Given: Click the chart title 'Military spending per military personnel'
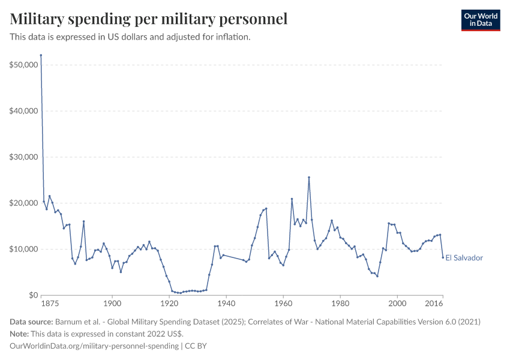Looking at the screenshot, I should [149, 19].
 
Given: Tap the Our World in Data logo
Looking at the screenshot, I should [480, 20].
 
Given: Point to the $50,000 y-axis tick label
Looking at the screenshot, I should [22, 65].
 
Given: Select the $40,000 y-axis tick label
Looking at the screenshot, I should [22, 111].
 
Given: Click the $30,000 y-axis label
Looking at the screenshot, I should [22, 157].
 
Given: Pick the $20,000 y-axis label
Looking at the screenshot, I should [22, 203].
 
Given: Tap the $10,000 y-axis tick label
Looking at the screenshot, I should [22, 249].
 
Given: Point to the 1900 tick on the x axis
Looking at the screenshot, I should [112, 304].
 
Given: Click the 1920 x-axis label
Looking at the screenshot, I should [169, 304].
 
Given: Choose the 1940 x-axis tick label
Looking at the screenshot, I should [226, 304].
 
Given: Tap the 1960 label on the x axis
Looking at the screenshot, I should [283, 304].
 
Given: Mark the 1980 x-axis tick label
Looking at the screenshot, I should [340, 304].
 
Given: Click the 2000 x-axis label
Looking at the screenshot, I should [397, 304].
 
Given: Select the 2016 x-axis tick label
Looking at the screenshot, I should [442, 304].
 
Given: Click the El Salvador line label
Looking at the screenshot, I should [464, 258].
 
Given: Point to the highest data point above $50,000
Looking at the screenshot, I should [41, 55].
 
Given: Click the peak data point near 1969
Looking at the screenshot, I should [309, 177].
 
